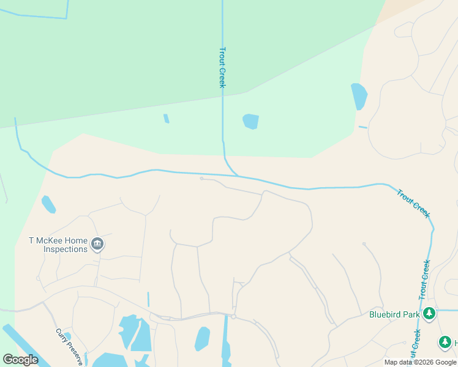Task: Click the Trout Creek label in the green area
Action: (x=222, y=67)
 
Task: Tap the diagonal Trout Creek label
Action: (x=413, y=204)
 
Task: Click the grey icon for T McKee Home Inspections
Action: (x=97, y=245)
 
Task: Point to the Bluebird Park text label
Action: (x=394, y=315)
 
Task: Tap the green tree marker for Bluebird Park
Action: (x=429, y=314)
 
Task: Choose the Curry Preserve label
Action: (x=69, y=347)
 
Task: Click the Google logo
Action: (x=20, y=360)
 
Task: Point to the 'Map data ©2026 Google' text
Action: (x=420, y=362)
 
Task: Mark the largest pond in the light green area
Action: (x=250, y=121)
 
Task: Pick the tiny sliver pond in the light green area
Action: (x=167, y=119)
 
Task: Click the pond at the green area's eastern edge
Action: (x=359, y=96)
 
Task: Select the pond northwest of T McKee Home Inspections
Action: (x=48, y=204)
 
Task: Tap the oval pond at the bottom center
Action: (x=202, y=338)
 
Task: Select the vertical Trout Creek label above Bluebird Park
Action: (x=425, y=279)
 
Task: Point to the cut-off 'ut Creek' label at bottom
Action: (x=416, y=345)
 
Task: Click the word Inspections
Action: (x=66, y=250)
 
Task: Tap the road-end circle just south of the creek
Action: (x=201, y=179)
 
